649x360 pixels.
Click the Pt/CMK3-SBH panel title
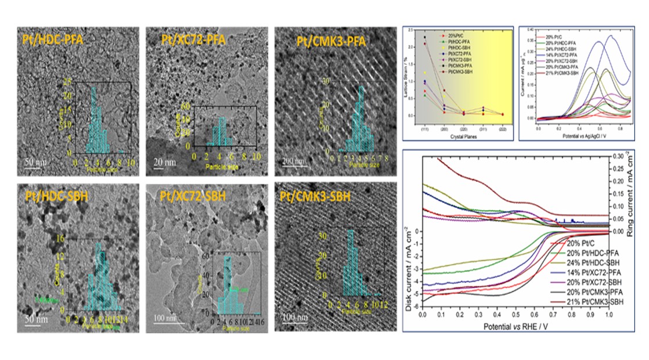point(317,196)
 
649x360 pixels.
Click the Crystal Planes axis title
point(459,135)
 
